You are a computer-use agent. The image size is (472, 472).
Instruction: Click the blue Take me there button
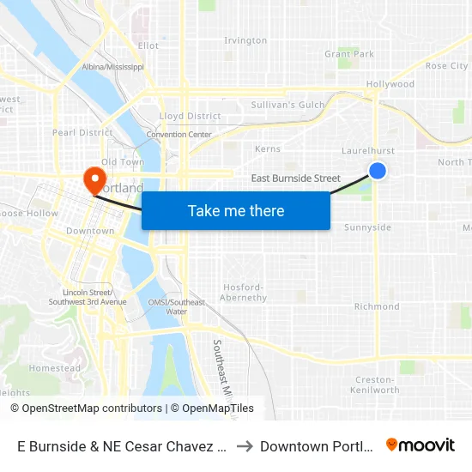236,210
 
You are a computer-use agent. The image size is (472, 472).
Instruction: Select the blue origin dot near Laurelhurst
377,171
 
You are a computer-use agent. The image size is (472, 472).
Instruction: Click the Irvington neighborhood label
245,40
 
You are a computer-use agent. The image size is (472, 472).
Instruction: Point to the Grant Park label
349,54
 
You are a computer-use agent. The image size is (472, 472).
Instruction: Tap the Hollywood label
390,84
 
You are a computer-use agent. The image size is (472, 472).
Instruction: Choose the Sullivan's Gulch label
287,105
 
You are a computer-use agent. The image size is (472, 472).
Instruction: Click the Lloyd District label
191,116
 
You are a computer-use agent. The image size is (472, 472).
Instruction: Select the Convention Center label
179,135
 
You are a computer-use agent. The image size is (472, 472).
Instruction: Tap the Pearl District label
82,132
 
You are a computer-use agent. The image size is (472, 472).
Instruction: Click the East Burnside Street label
295,179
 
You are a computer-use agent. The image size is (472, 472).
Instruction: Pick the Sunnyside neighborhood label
367,227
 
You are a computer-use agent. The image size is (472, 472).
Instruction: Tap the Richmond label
377,306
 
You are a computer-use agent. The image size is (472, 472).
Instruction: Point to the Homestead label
55,368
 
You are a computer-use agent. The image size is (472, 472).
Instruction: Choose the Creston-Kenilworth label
376,384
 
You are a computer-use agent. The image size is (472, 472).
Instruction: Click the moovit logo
421,445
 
